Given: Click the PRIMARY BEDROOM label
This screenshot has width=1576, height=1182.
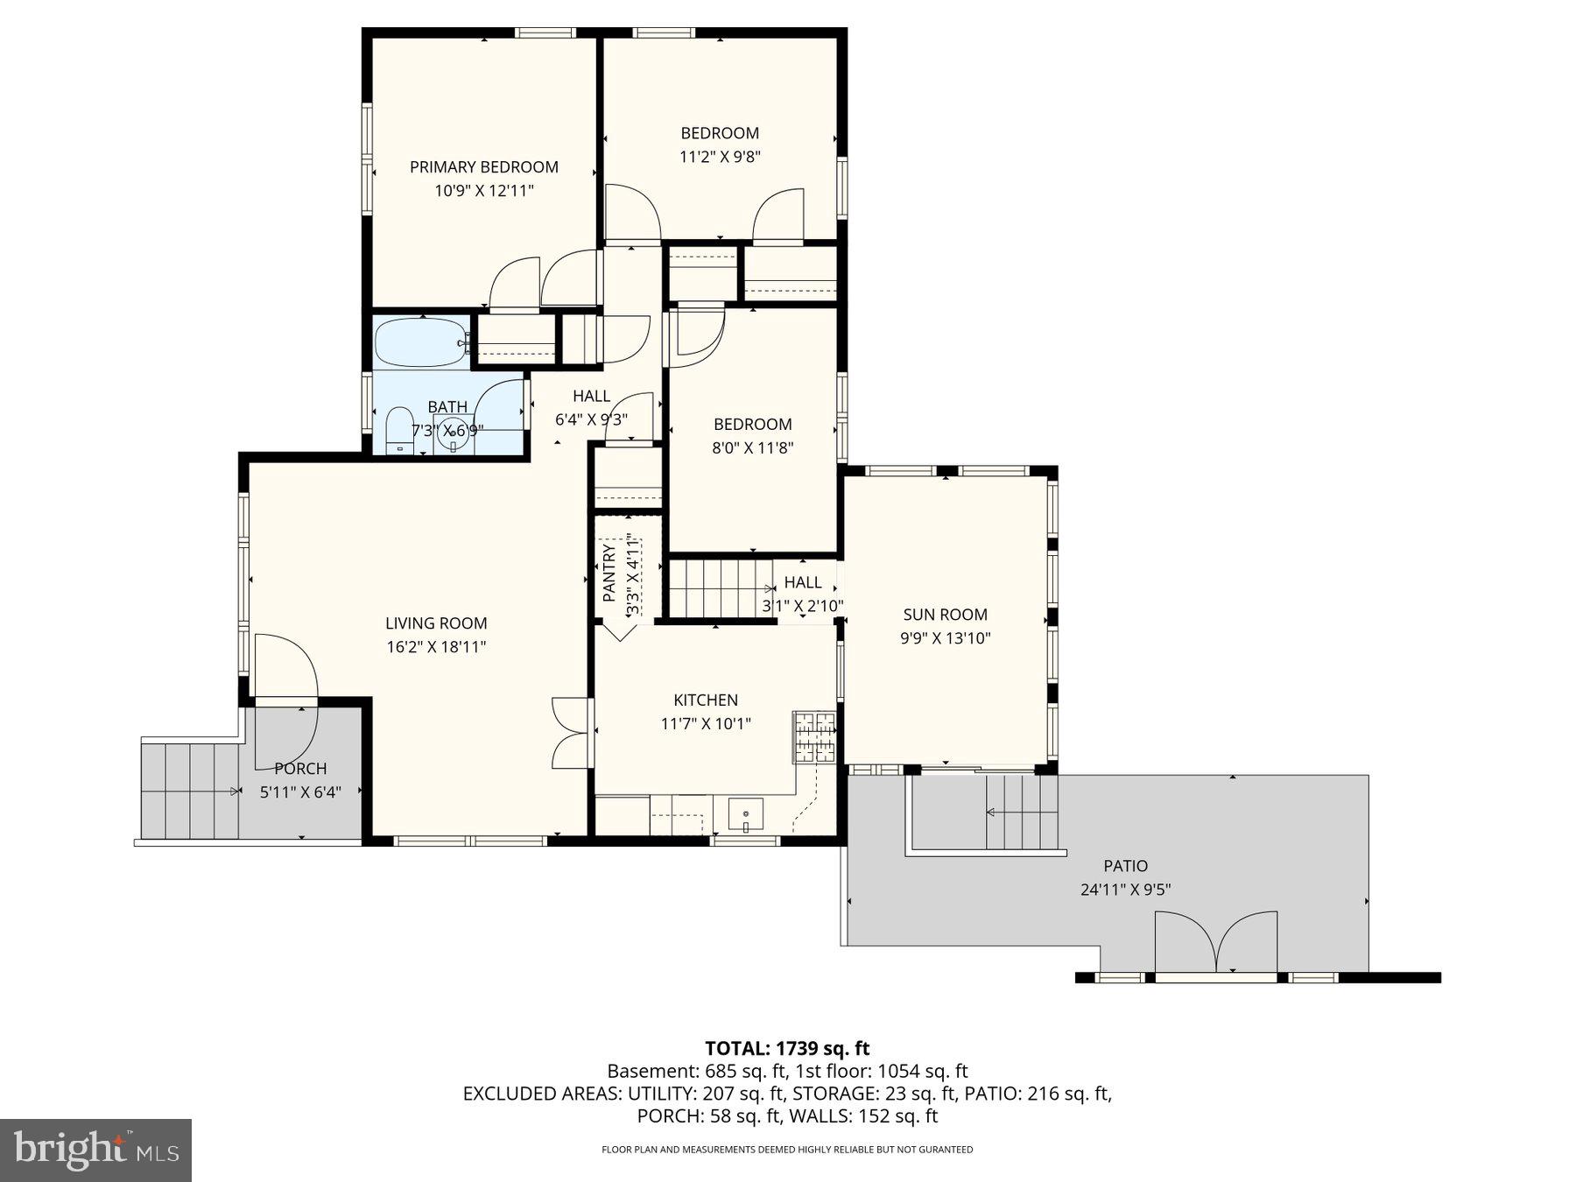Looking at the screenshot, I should pos(483,167).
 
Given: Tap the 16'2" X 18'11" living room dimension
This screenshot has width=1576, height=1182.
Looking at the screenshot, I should pos(436,647).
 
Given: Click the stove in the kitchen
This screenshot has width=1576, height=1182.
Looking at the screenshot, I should pos(814,736).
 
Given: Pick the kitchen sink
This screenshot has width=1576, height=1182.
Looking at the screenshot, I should pos(745,815).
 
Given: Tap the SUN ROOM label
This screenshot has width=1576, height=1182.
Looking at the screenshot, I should pos(945,615).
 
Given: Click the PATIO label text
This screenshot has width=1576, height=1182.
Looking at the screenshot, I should pos(1125,866).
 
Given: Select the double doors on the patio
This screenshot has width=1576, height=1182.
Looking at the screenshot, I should pos(1215,942).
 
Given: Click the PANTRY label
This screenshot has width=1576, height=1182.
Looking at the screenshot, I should pos(609,573).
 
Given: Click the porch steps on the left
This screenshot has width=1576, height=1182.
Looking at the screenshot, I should pos(190,791).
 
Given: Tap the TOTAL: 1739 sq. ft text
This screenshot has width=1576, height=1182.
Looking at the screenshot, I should pos(787,1048).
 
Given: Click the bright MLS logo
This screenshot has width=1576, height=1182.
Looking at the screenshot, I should pos(95,1150).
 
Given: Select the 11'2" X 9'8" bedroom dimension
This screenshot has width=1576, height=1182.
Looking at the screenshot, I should pos(720,157).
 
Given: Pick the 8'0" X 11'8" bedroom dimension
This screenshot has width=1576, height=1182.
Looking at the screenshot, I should pos(752,447).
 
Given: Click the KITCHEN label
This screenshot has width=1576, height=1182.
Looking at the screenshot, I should pos(705,700).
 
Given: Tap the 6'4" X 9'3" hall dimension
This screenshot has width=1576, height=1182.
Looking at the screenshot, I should pos(591,419).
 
